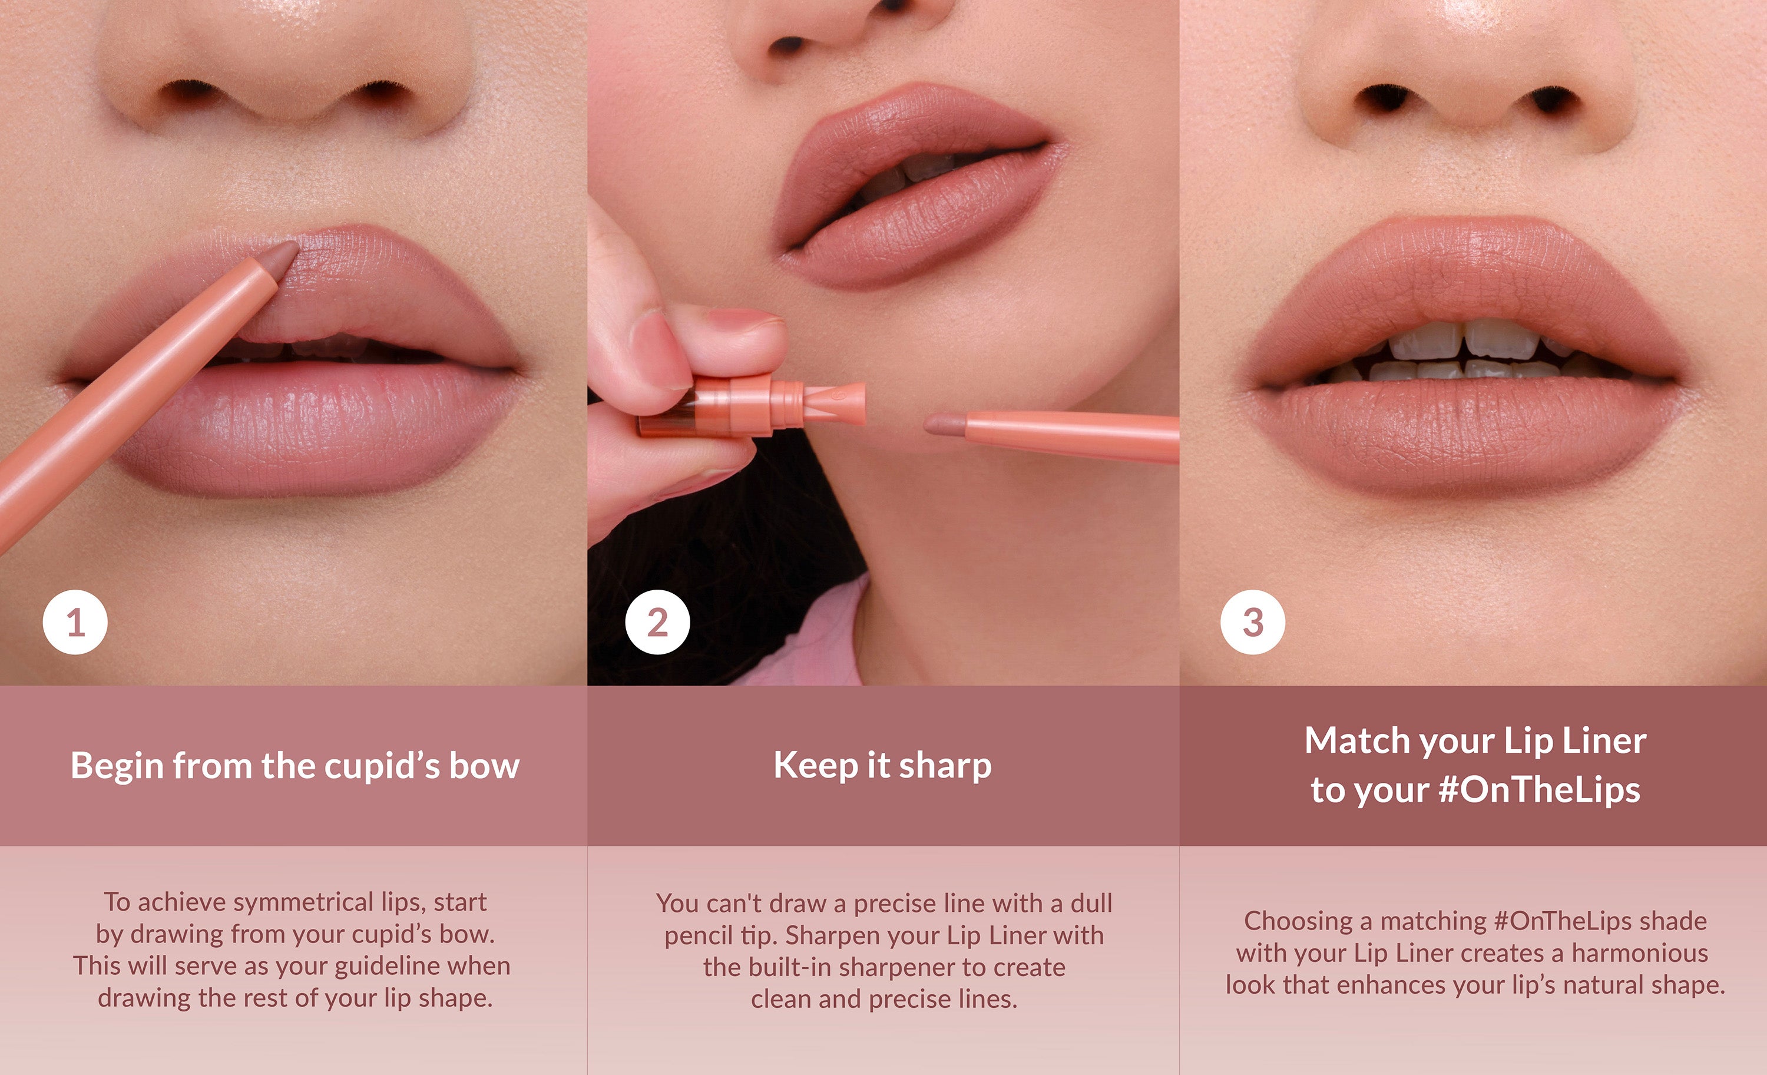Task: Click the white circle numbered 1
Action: [x=75, y=622]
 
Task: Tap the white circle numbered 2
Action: [x=657, y=622]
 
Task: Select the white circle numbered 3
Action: [x=1253, y=622]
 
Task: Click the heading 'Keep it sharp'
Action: [x=883, y=766]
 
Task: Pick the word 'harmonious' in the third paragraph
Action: [x=1640, y=953]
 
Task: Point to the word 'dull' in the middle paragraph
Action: [x=1091, y=904]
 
